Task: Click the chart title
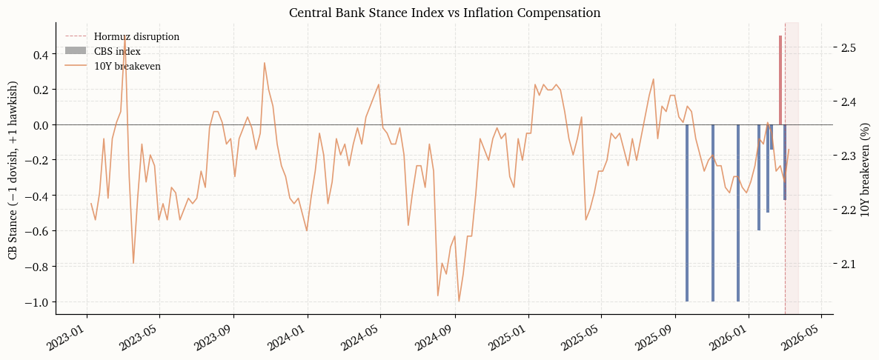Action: (x=444, y=13)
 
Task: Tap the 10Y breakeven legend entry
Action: (x=127, y=66)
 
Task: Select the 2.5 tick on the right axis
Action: (x=849, y=47)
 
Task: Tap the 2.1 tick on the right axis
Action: (x=849, y=264)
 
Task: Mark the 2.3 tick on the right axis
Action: (x=849, y=156)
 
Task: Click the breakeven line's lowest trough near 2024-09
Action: (x=459, y=301)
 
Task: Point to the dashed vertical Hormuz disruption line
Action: (x=785, y=222)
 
